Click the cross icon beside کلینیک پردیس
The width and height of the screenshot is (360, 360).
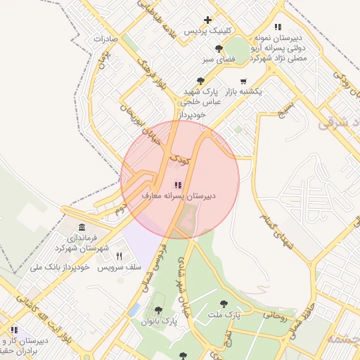pos(207,20)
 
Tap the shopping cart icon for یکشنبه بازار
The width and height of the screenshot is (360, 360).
pos(243,81)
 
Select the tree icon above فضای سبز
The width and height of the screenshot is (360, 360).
pos(219,49)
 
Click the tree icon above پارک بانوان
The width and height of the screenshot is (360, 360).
pos(157,310)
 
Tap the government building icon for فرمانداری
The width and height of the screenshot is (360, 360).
pos(82,228)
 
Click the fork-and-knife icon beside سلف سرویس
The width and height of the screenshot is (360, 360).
pos(119,257)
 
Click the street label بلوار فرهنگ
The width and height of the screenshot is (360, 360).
pos(151,75)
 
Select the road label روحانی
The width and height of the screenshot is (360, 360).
pos(275,316)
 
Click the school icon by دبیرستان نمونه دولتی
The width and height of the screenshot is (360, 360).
pos(278,27)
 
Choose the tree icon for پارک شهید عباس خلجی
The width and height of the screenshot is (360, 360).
pos(201,81)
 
